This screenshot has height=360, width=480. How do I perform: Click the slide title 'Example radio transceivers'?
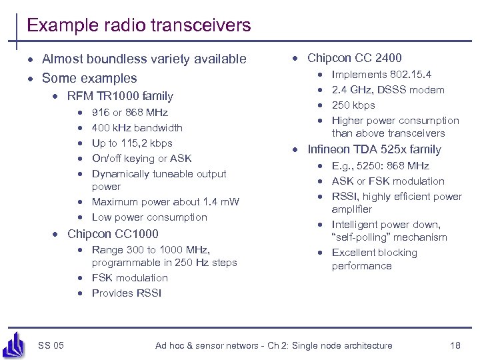click(139, 26)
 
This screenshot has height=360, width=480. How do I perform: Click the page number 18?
click(455, 345)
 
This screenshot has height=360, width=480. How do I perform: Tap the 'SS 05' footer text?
click(51, 345)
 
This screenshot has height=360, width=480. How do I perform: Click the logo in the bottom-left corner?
click(13, 344)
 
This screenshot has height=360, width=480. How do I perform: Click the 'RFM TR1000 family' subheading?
click(120, 96)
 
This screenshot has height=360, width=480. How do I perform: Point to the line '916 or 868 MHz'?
click(129, 113)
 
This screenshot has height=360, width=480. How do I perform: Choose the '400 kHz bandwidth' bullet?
click(137, 128)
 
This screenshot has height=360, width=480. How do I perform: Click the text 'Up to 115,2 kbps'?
click(132, 143)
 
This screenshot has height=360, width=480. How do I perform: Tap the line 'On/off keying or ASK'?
click(141, 159)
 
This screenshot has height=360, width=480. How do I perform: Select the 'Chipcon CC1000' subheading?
click(113, 234)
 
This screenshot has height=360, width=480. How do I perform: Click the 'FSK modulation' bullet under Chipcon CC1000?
click(129, 278)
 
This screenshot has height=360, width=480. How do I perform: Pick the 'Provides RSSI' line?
click(126, 293)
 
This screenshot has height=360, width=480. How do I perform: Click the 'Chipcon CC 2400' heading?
click(354, 58)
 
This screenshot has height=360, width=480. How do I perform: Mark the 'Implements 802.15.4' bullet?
click(381, 75)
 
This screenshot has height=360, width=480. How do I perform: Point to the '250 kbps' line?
click(353, 105)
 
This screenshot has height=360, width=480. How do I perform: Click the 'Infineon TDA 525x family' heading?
click(374, 149)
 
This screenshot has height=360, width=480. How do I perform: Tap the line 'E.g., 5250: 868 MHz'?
click(380, 166)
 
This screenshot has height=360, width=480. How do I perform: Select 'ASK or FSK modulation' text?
click(387, 181)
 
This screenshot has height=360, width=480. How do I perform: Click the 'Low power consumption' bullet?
click(149, 217)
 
